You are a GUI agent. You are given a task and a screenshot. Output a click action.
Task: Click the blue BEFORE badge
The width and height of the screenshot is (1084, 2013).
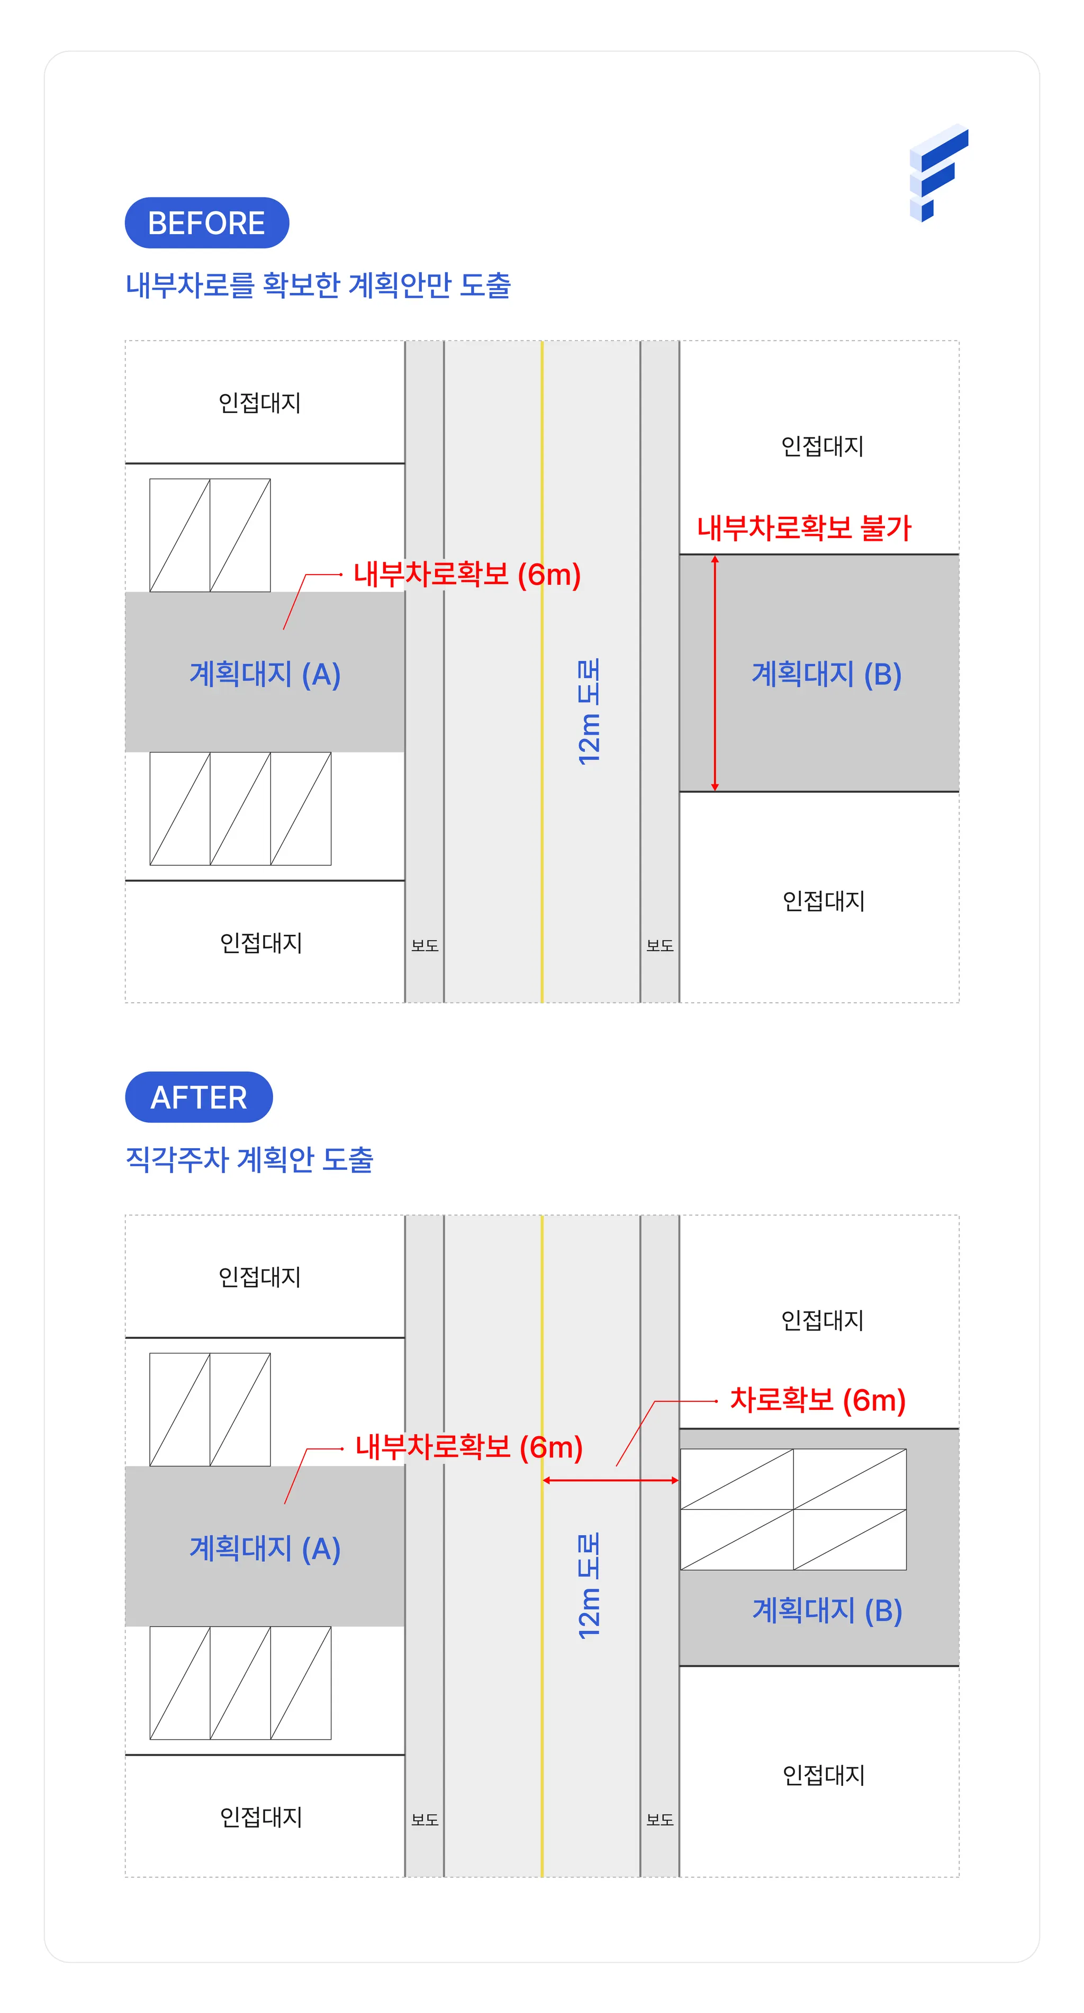coord(207,223)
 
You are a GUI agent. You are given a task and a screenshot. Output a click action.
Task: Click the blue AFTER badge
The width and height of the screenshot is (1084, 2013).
coord(199,1097)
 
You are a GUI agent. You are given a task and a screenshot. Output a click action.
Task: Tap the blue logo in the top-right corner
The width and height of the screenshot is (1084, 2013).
coord(939,173)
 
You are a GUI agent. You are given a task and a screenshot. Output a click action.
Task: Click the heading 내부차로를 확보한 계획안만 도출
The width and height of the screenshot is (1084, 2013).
coord(318,285)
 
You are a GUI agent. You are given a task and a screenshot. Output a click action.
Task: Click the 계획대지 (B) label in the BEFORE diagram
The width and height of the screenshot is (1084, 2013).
coord(826,674)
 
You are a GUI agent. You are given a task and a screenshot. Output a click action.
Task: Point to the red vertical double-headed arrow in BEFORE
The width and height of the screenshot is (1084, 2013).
coord(715,673)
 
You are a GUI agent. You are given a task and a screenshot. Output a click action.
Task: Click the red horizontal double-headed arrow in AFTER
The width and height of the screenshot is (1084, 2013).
coord(611,1480)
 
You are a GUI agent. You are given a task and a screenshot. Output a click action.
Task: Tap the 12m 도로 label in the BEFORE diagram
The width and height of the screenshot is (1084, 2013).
coord(589,711)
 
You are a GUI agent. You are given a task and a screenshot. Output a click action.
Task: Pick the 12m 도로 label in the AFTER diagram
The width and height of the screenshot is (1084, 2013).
coord(589,1586)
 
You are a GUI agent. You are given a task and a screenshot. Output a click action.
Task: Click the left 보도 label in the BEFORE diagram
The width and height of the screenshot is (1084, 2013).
coord(425,945)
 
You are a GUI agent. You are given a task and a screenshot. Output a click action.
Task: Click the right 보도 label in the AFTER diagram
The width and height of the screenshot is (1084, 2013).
coord(660,1820)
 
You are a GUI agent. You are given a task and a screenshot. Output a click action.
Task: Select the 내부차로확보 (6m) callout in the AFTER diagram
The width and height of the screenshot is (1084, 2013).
coord(468,1447)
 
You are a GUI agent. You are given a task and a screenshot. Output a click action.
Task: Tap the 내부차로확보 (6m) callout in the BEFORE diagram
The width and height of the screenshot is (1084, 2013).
coord(467,575)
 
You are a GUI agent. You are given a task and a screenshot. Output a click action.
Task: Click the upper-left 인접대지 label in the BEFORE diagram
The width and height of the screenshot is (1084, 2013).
coord(260,402)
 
